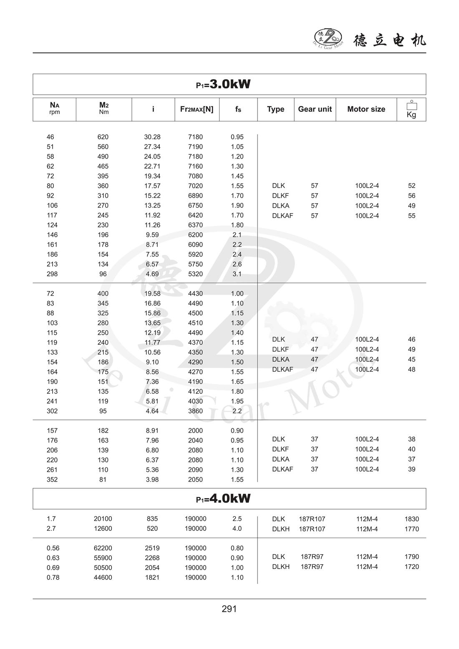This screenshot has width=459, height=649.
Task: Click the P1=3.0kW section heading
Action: coord(224,84)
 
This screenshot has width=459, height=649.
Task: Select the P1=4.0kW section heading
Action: coord(224,498)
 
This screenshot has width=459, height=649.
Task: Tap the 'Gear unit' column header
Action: coord(315,109)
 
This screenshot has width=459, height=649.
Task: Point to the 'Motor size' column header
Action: coord(366,109)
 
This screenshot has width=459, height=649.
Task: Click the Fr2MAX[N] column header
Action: coord(197,109)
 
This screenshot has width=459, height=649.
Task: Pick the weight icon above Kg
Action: coord(411,105)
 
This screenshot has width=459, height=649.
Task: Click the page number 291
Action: coord(229,609)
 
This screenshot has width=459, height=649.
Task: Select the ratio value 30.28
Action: coord(152,137)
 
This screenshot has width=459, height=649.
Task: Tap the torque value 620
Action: coord(103,137)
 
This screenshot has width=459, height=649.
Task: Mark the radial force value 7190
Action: coord(195,147)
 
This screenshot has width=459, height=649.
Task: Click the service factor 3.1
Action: coord(237,274)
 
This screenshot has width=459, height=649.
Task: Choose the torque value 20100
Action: coord(103,519)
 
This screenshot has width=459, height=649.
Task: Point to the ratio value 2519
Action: coord(152,548)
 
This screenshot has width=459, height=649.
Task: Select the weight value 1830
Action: coord(411,519)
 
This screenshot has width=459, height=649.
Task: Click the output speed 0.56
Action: coord(53,548)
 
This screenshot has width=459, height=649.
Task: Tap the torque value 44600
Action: coord(103,578)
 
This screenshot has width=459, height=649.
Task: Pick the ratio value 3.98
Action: coord(152,480)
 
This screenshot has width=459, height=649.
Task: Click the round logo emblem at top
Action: coord(328,38)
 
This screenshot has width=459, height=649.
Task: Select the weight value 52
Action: coord(411,186)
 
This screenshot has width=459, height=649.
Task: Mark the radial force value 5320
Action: coord(195,274)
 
